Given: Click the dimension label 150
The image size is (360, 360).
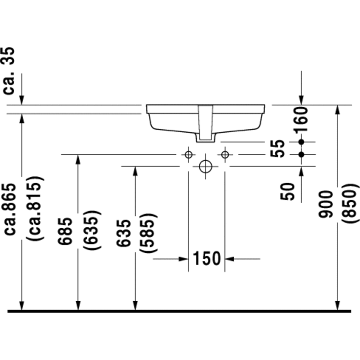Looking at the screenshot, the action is [x=207, y=259].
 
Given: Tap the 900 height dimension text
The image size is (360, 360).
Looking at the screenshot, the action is [x=326, y=204].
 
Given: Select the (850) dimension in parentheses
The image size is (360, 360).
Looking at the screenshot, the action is [x=350, y=204].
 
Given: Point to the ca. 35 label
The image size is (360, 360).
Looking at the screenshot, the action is [x=9, y=71].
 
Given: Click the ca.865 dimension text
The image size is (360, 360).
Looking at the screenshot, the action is [x=10, y=209].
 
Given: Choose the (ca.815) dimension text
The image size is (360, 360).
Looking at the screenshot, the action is [x=35, y=209].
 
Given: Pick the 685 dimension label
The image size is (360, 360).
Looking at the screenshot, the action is [x=65, y=231].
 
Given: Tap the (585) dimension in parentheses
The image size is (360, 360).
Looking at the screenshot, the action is [x=148, y=233].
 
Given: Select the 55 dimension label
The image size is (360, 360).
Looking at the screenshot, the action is [x=278, y=148].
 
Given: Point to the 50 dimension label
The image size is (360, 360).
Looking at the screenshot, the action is [x=287, y=192].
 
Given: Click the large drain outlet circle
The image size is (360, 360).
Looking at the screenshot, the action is [x=206, y=167].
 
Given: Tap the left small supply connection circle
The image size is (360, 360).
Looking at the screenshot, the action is [x=189, y=155].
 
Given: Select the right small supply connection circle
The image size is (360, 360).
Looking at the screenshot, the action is [x=225, y=155].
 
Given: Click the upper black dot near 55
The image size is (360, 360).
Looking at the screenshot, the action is [x=301, y=142].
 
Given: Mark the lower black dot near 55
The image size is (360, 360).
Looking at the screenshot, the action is [x=301, y=155].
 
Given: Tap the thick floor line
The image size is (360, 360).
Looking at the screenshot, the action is [x=179, y=312].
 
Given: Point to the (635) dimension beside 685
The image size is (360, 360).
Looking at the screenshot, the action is [x=92, y=230].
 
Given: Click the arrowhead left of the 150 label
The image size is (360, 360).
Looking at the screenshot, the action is [x=184, y=259].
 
